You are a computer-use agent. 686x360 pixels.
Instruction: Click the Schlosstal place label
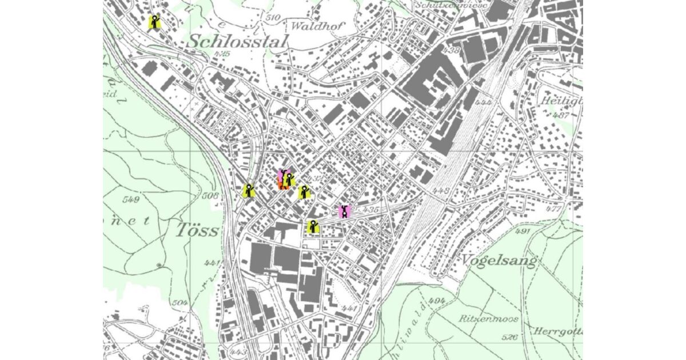tap(237, 41)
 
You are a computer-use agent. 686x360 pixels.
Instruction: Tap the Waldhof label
tap(313, 26)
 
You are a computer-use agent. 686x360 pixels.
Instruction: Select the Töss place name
tap(197, 230)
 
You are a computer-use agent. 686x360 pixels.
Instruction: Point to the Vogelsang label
tap(499, 262)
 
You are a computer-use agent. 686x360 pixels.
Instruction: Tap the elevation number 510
tap(273, 17)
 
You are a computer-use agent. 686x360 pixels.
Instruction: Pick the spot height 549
tap(131, 199)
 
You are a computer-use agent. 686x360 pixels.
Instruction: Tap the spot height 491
tap(523, 231)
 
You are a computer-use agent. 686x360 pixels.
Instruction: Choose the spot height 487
tap(561, 115)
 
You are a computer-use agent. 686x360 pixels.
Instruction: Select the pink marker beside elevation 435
tap(344, 211)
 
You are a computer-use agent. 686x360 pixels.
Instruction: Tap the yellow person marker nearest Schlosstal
tap(154, 22)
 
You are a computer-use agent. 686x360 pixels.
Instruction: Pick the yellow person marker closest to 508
tap(248, 191)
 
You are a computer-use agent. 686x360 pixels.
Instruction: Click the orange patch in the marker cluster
tap(282, 185)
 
